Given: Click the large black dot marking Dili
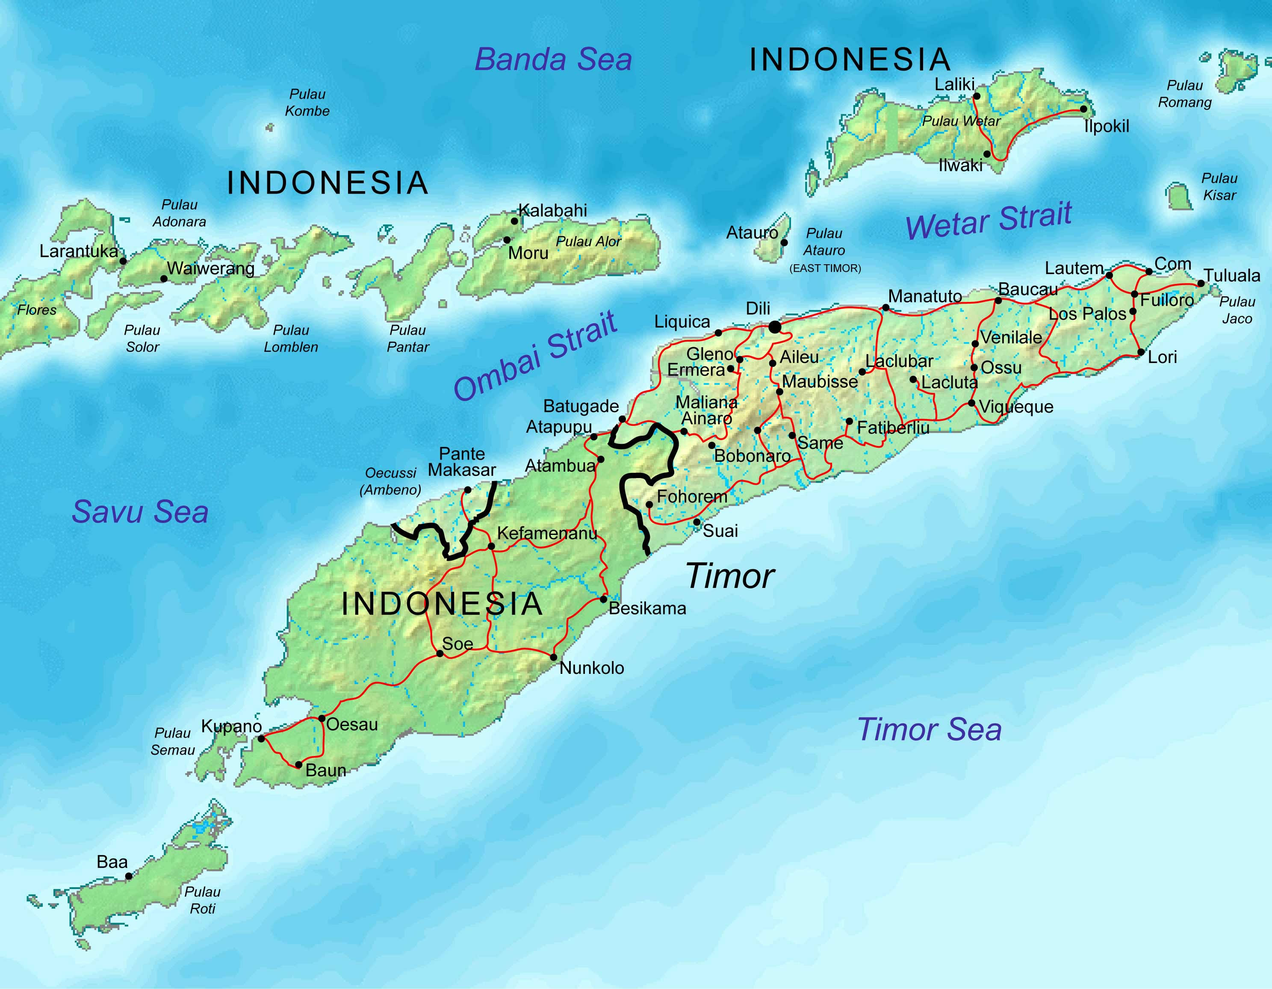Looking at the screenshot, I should (x=774, y=328).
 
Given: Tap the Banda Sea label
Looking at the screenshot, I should (x=553, y=59).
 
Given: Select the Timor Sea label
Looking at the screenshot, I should (x=929, y=729).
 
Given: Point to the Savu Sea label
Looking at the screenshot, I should (x=140, y=512).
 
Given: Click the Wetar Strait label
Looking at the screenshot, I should (x=989, y=220).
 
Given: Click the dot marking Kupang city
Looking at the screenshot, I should (x=261, y=738).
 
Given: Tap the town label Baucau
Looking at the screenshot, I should (x=1027, y=289).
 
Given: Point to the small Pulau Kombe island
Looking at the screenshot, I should (x=269, y=127).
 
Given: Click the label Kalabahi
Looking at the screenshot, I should (x=552, y=210).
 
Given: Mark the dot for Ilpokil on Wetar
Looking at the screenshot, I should (x=1083, y=109).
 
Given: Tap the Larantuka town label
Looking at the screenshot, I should (x=79, y=251).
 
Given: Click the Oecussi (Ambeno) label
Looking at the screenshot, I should (x=390, y=481).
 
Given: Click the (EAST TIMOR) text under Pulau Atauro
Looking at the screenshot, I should (x=825, y=269).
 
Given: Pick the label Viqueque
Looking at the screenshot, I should (x=1016, y=407).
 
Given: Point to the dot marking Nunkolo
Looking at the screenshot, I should (x=553, y=657).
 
